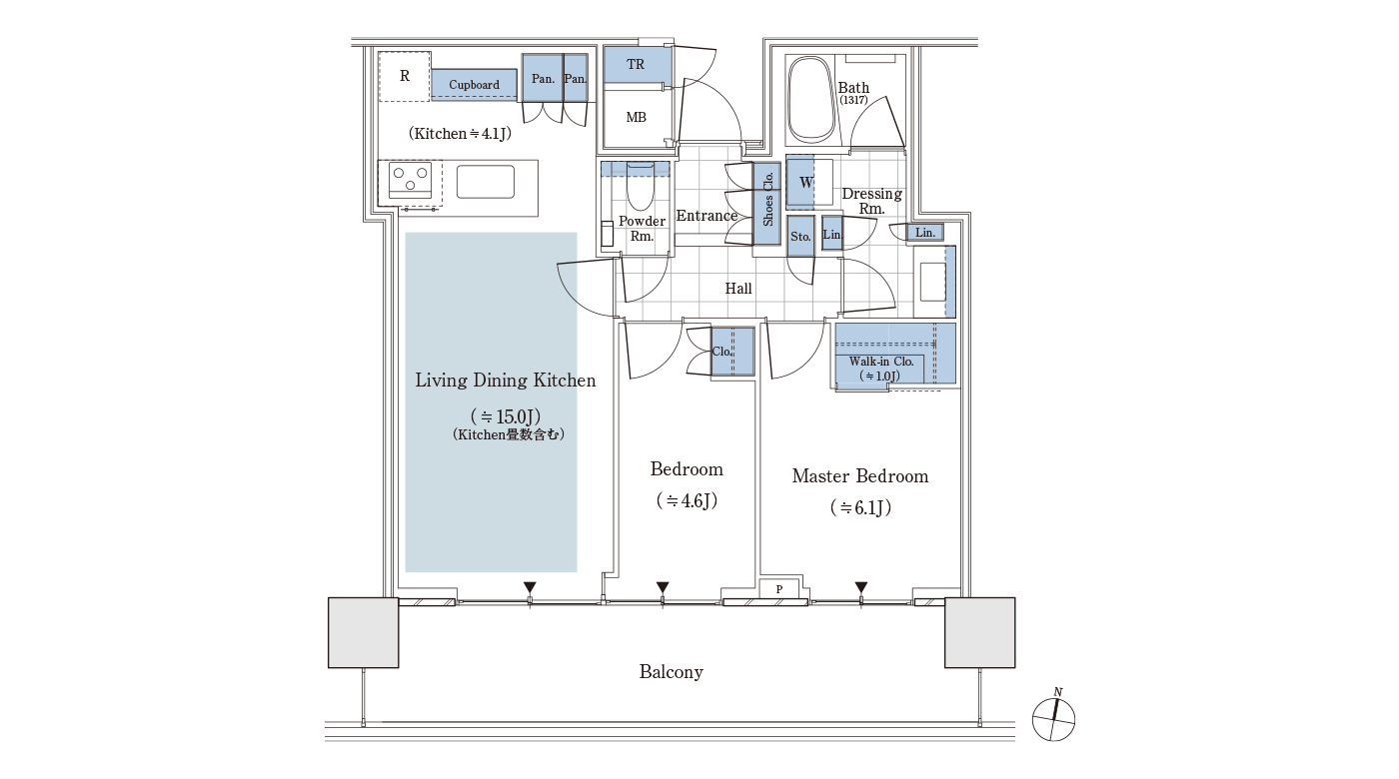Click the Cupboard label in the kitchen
[474, 85]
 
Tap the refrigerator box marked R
[405, 76]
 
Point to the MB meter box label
[636, 117]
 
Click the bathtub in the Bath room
[811, 101]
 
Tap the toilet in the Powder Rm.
[640, 186]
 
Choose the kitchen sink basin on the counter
[486, 182]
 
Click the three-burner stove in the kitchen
[410, 180]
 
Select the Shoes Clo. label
[767, 199]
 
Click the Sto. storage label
[800, 237]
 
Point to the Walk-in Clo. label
[881, 362]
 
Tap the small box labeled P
[779, 588]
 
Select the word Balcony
[671, 671]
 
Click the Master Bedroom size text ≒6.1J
[860, 507]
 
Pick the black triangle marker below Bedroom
[663, 587]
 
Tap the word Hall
[738, 289]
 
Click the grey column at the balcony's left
[364, 633]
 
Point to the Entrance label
[706, 216]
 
